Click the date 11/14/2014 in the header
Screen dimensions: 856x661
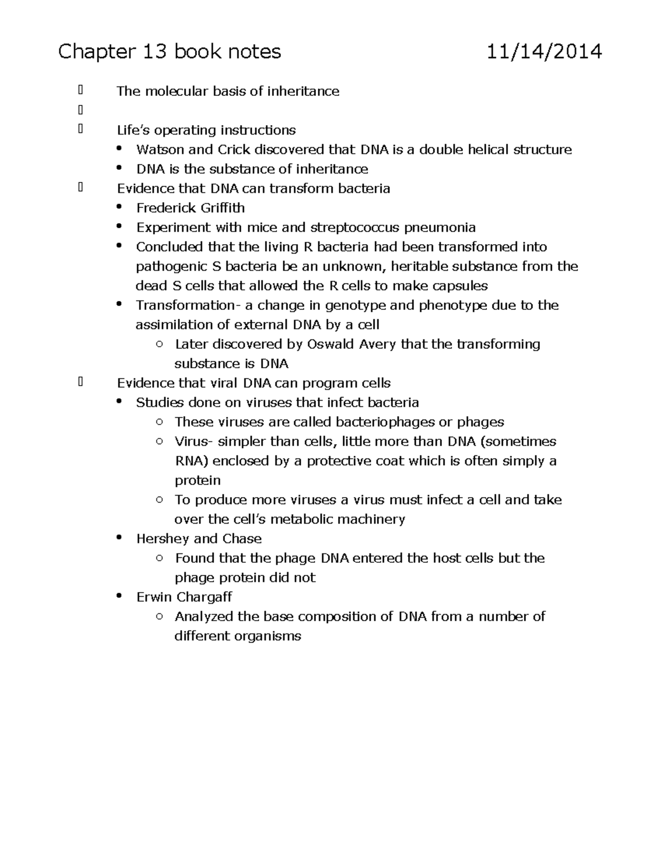tap(544, 52)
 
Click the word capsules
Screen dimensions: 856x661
tap(460, 286)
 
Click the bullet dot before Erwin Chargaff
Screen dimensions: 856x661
tap(119, 596)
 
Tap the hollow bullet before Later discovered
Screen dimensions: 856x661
tap(159, 344)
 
